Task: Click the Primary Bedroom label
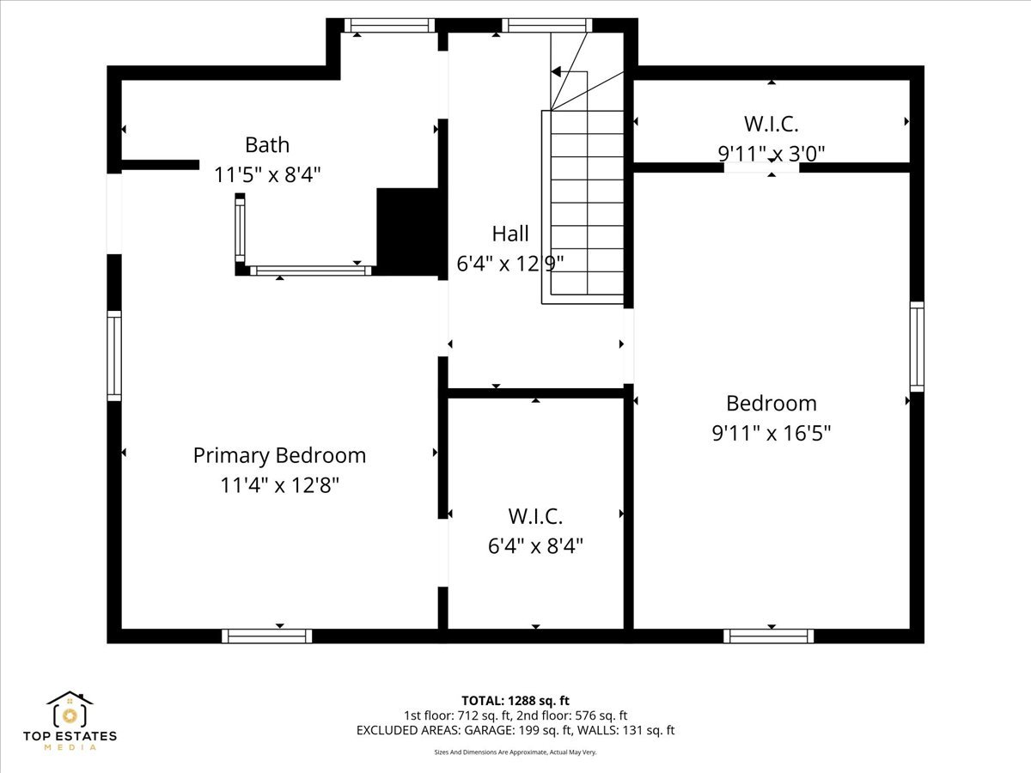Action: click(x=279, y=455)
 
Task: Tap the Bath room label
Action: click(x=267, y=144)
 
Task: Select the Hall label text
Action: click(x=510, y=234)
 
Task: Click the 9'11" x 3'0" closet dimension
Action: click(x=772, y=154)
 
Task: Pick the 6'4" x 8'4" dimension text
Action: click(x=535, y=546)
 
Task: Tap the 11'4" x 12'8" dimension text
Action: click(x=279, y=486)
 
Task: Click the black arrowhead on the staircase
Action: click(x=556, y=72)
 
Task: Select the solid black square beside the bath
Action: click(x=408, y=232)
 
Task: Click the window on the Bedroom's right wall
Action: click(x=917, y=347)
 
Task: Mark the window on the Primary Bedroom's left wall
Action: click(x=114, y=356)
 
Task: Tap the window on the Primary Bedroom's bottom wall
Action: click(x=266, y=636)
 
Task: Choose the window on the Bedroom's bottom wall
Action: click(x=768, y=636)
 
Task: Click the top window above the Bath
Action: click(x=389, y=26)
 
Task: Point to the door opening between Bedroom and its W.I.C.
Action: click(x=761, y=167)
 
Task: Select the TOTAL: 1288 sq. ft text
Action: click(x=515, y=701)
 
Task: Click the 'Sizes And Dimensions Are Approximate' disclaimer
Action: click(x=515, y=752)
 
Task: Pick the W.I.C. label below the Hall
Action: click(x=535, y=516)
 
